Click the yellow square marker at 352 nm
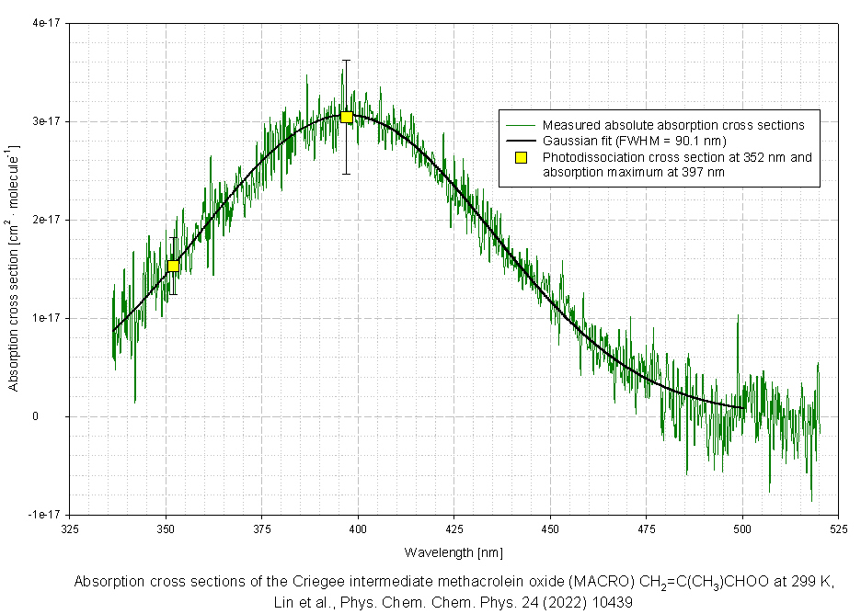pos(173,266)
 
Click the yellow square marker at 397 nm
pos(347,117)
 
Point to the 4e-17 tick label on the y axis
pos(45,23)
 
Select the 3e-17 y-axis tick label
pos(45,121)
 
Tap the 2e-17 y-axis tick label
pos(45,220)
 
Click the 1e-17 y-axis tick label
pos(45,318)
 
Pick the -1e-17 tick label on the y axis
pos(43,515)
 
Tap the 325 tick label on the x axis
pos(70,529)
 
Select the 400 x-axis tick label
pos(358,529)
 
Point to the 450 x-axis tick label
pos(550,529)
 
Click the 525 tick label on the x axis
pos(839,529)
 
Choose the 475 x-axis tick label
pos(647,529)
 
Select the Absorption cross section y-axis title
pos(14,267)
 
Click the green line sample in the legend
pos(520,125)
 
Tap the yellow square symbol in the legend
pos(521,157)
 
